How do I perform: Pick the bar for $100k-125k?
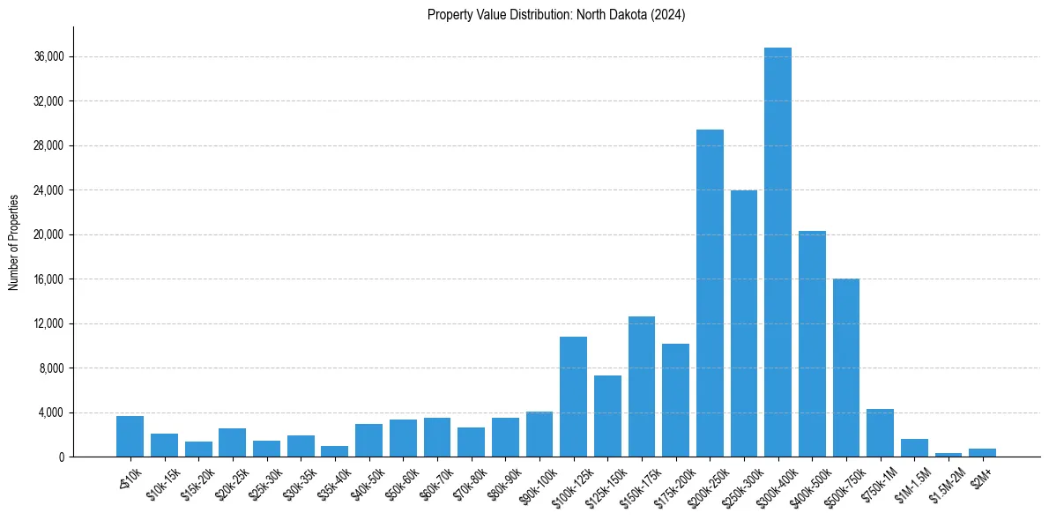tap(573, 397)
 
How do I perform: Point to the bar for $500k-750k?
tap(846, 368)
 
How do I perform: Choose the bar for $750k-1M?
tap(880, 433)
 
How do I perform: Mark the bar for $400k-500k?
tap(812, 344)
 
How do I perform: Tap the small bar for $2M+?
tap(982, 453)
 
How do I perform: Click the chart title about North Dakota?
tap(556, 15)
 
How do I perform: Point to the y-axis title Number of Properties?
tap(14, 241)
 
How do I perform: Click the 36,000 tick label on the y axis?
tap(48, 57)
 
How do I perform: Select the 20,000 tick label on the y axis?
tap(48, 235)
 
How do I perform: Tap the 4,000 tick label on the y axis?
tap(50, 412)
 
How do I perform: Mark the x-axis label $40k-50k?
tap(366, 480)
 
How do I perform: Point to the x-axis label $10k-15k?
tap(161, 480)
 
